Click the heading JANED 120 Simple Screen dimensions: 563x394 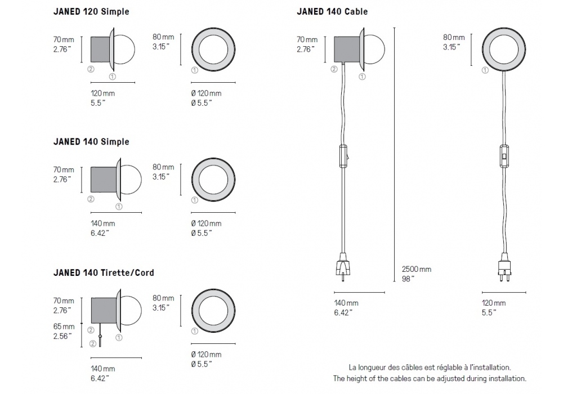pyautogui.click(x=91, y=11)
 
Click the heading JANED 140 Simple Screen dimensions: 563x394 pyautogui.click(x=91, y=142)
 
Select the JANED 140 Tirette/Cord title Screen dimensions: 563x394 pyautogui.click(x=104, y=273)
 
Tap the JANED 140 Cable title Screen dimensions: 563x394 pyautogui.click(x=332, y=11)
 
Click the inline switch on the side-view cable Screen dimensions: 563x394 pyautogui.click(x=343, y=156)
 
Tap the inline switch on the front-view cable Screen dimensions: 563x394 pyautogui.click(x=504, y=156)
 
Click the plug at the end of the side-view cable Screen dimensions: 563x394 pyautogui.click(x=343, y=267)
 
